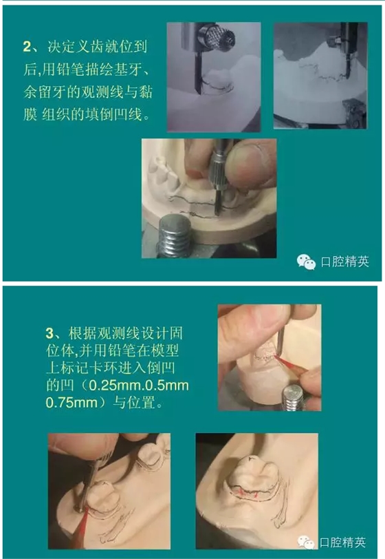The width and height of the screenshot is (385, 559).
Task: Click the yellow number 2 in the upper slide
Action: (x=27, y=46)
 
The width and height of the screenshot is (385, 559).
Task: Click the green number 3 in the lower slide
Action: (x=49, y=333)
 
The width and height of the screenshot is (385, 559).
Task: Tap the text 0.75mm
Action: (x=71, y=403)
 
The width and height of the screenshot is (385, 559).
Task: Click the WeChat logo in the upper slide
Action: (x=307, y=262)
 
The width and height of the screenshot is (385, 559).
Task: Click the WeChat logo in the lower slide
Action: (x=306, y=542)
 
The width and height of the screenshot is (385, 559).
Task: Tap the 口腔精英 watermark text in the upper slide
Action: (x=344, y=262)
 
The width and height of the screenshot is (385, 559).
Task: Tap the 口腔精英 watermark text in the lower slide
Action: (x=342, y=542)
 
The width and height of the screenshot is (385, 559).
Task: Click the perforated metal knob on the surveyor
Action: (x=217, y=36)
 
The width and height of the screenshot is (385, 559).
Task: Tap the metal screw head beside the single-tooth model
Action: (x=293, y=397)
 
